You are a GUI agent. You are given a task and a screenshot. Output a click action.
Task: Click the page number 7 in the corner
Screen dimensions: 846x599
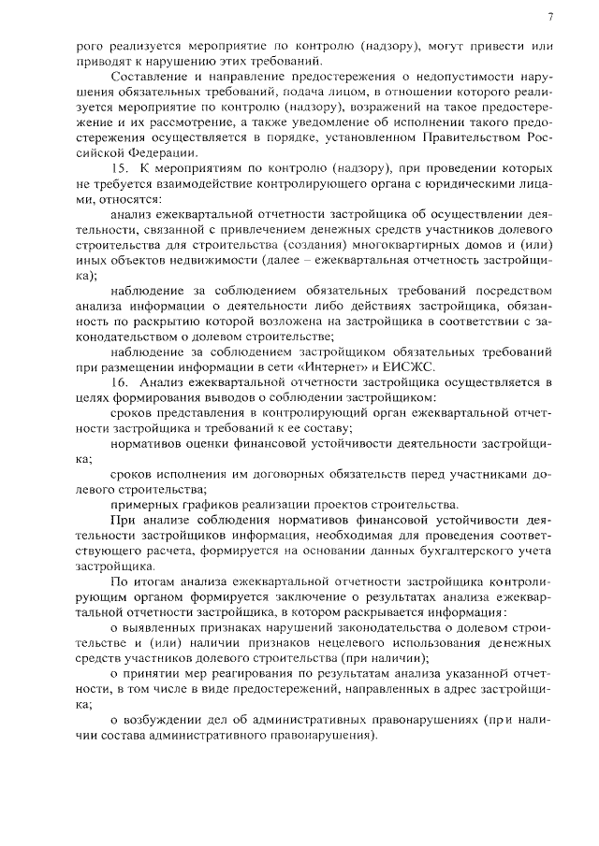[x=550, y=16]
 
